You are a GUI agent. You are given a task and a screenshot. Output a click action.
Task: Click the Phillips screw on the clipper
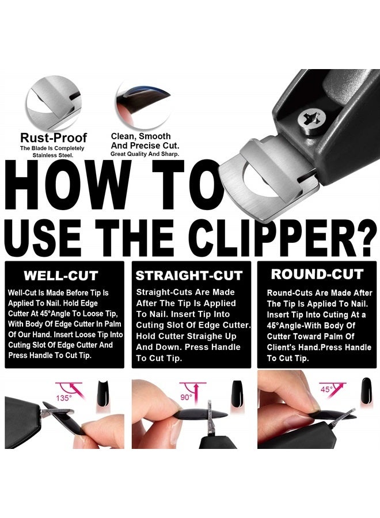tap(310, 120)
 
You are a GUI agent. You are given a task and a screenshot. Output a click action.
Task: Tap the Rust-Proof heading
tap(54, 138)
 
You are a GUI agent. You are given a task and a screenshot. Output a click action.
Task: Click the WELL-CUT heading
tap(60, 276)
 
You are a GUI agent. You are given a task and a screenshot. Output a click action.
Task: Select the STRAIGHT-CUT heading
tap(189, 276)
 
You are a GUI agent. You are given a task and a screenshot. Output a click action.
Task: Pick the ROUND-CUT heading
tap(317, 274)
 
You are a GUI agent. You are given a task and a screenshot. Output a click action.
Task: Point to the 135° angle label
tap(64, 397)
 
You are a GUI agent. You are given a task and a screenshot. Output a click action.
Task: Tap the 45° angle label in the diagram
tap(327, 389)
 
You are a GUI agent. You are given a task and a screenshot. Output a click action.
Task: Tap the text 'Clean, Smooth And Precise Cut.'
tap(140, 141)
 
